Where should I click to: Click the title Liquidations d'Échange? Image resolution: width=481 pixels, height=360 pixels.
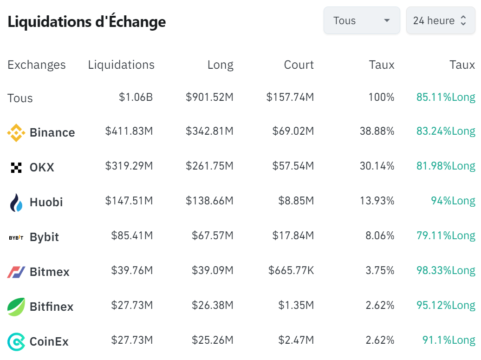tap(87, 22)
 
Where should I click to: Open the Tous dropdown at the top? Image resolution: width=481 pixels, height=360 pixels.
tap(361, 20)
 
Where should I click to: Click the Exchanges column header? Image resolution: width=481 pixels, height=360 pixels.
tap(37, 65)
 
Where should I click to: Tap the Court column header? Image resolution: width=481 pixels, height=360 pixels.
tap(299, 65)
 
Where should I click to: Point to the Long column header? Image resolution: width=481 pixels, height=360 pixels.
tap(220, 65)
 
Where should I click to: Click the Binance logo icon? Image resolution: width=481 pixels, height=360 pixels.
tap(16, 133)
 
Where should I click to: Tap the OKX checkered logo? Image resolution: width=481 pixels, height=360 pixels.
tap(16, 168)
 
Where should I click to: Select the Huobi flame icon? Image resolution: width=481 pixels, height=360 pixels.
tap(16, 203)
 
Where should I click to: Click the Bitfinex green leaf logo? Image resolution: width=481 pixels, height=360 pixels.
tap(16, 307)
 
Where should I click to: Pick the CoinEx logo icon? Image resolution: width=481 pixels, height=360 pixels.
tap(16, 342)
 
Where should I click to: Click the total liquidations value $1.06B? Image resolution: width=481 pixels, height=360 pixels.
tap(136, 98)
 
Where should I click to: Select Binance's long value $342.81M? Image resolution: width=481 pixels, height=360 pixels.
tap(209, 131)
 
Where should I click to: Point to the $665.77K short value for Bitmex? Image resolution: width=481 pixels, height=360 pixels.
tap(291, 271)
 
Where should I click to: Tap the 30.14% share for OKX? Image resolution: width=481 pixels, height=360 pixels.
tap(377, 166)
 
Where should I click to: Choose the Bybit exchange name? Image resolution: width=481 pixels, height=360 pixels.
tap(44, 237)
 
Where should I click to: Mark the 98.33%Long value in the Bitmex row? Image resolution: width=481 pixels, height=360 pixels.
tap(446, 271)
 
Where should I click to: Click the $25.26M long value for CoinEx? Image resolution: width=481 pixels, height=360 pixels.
tap(212, 340)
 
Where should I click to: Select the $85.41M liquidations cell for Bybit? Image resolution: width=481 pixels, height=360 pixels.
tap(132, 236)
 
